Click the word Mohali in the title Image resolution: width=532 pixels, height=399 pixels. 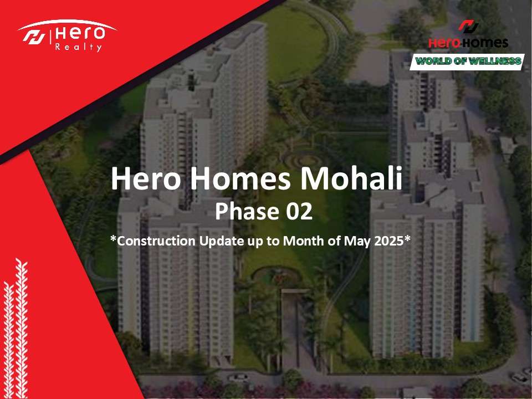pos(352,178)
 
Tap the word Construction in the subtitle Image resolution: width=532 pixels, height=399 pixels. pos(156,241)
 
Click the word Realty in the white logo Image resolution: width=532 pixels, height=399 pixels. pos(78,47)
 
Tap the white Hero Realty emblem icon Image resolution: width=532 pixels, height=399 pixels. pos(34,37)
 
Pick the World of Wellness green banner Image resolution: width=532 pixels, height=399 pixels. pos(467,62)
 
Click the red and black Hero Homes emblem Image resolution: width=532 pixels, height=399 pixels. pos(469,26)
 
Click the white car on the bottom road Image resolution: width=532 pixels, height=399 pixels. pos(238,377)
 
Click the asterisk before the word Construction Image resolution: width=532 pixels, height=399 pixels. pos(113,238)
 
